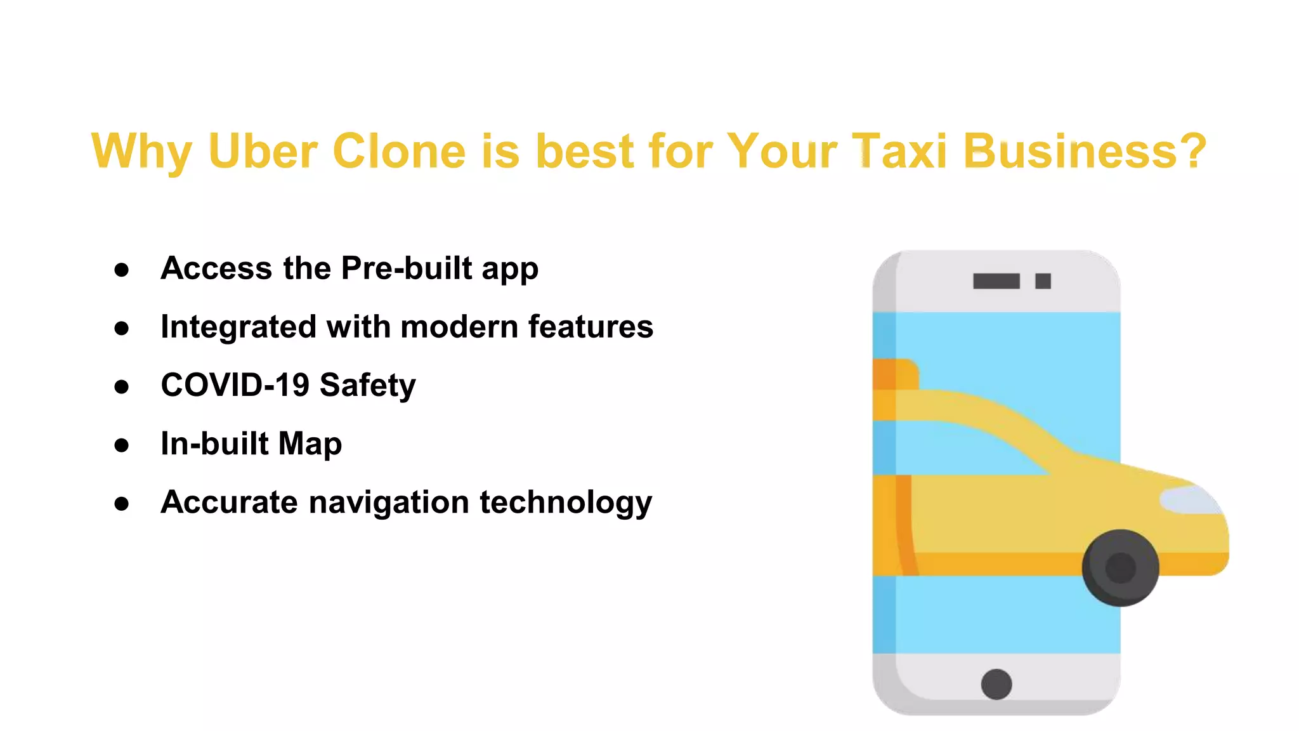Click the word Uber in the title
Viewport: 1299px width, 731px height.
[263, 151]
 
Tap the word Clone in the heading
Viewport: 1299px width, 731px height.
[399, 151]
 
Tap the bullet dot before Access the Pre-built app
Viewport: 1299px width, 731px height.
[122, 270]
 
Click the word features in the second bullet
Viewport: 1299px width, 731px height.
[591, 327]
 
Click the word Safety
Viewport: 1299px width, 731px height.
[368, 386]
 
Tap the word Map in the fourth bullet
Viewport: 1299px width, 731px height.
[310, 444]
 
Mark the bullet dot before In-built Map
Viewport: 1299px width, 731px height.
[122, 445]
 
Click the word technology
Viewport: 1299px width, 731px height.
[566, 503]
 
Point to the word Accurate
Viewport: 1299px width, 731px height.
[229, 502]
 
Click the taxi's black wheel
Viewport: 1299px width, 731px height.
[1120, 567]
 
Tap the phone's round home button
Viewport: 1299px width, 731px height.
[996, 684]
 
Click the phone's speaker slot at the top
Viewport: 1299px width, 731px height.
[996, 281]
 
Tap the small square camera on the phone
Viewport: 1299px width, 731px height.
[1043, 281]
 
